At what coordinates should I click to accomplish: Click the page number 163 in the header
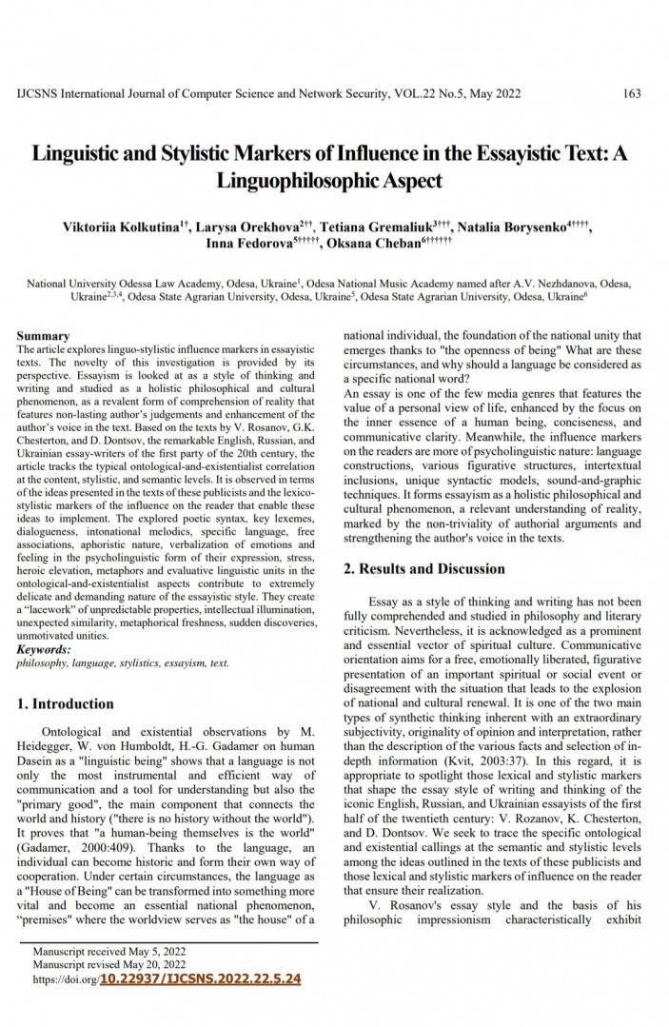pos(631,93)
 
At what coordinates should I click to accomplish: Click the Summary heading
pos(43,336)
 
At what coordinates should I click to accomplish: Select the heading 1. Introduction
pos(66,704)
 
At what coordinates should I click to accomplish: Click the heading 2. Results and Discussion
pos(423,569)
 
